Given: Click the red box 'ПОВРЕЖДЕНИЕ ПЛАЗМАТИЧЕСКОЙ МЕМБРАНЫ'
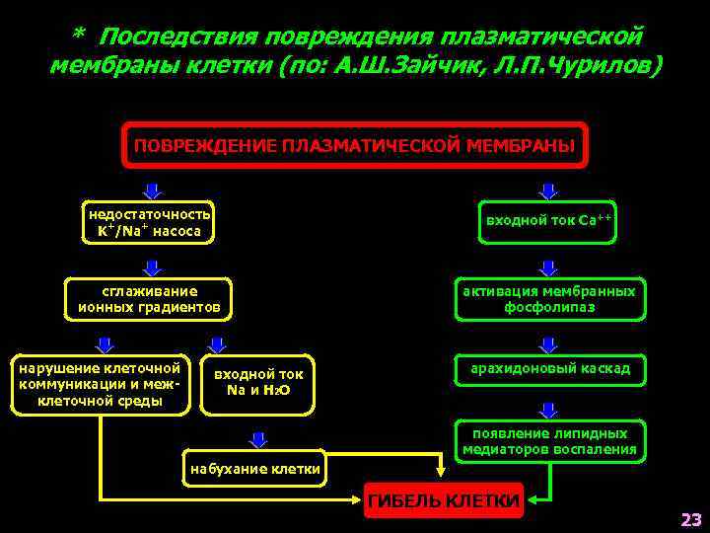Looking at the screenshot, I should [354, 145].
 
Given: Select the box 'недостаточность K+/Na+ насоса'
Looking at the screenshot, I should [150, 223].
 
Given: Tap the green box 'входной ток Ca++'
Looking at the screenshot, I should [549, 220].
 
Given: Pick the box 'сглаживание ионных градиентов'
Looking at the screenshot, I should [150, 299].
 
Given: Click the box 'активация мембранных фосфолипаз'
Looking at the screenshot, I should [549, 299].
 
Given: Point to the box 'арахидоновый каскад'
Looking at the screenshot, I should [549, 369].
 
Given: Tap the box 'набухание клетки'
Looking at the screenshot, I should [254, 469].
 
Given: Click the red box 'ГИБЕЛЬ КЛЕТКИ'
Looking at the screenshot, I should [443, 501].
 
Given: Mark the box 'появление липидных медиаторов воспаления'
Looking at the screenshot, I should [549, 441].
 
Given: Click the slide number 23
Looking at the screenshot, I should [689, 519].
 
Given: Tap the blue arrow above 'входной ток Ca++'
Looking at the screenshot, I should [549, 190].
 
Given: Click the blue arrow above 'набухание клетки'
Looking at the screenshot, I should [258, 439].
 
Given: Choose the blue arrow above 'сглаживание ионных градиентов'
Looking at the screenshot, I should [151, 266].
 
